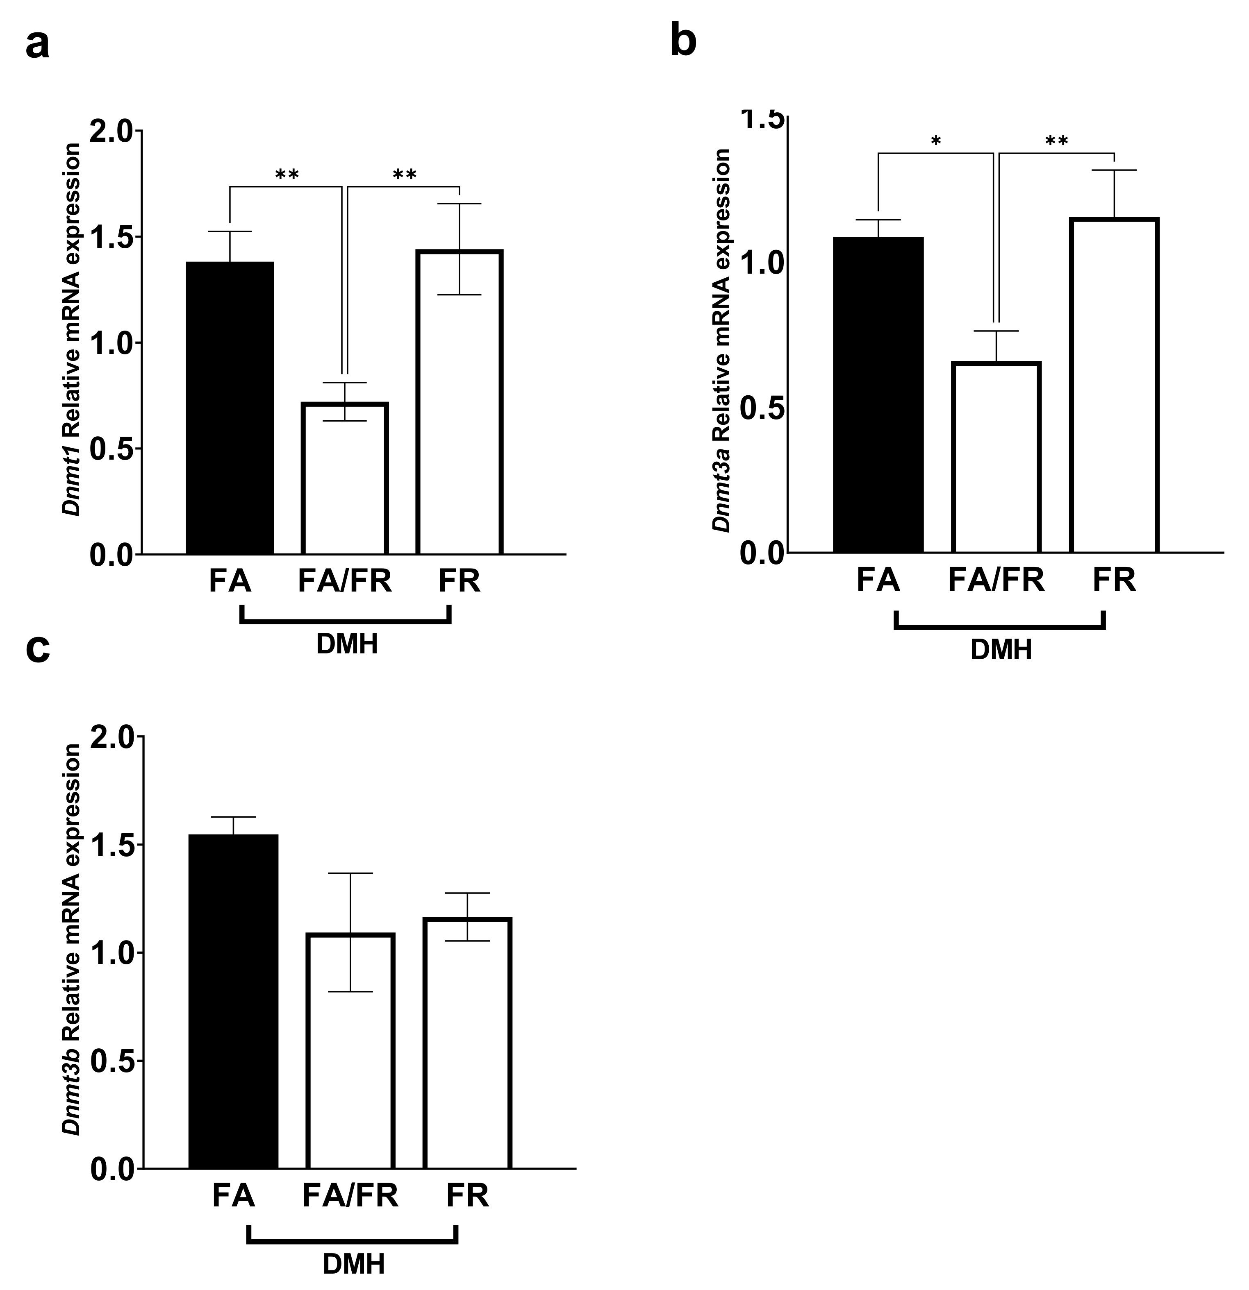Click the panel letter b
(x=683, y=41)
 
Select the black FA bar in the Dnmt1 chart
(x=230, y=408)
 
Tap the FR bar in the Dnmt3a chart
(x=1114, y=385)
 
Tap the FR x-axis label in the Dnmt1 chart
(x=459, y=581)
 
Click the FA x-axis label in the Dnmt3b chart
(x=233, y=1196)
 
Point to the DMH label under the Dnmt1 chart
(x=347, y=644)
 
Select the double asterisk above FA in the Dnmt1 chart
(x=287, y=175)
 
